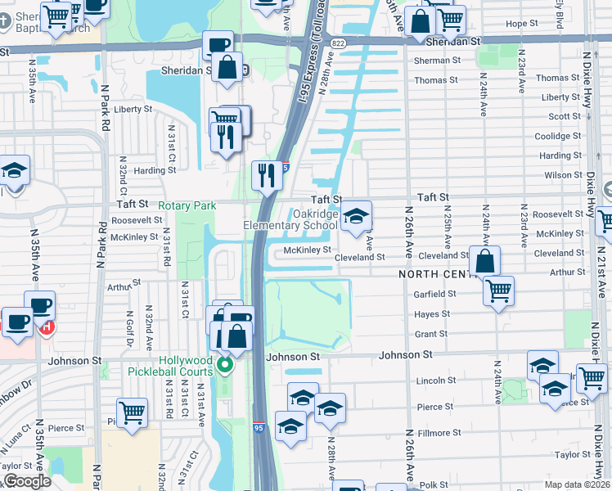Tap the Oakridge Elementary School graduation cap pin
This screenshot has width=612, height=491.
(x=356, y=217)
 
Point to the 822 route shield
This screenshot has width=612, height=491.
(x=337, y=43)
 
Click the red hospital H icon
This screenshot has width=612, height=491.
(x=47, y=327)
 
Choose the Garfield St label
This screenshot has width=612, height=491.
(x=435, y=294)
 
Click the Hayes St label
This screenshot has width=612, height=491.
(x=433, y=314)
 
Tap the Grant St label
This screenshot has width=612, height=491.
(x=431, y=334)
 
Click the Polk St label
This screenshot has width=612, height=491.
(x=434, y=485)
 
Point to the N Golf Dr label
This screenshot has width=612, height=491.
(x=130, y=327)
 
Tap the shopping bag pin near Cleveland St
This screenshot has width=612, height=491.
(x=484, y=261)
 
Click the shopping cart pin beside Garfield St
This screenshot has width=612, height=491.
(x=498, y=290)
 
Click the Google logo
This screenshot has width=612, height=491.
(x=27, y=481)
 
